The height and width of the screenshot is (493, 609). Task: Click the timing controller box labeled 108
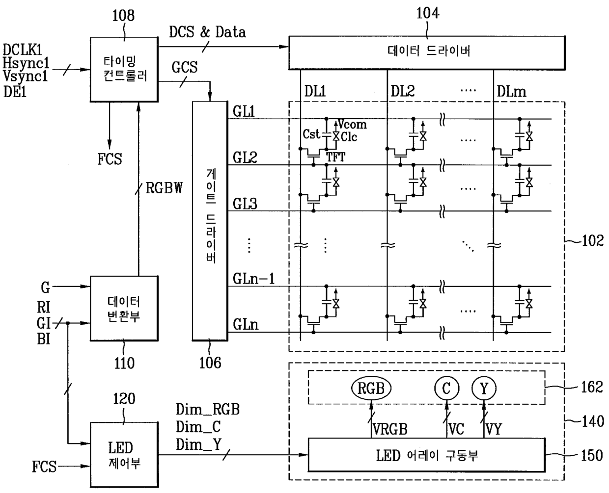pyautogui.click(x=124, y=70)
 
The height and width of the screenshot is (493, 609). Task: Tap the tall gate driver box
pyautogui.click(x=210, y=220)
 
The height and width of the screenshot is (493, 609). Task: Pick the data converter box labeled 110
pyautogui.click(x=124, y=309)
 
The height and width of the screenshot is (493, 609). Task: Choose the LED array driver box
pyautogui.click(x=426, y=455)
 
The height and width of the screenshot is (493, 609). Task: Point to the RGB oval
pyautogui.click(x=371, y=389)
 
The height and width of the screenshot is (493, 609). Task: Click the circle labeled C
pyautogui.click(x=446, y=389)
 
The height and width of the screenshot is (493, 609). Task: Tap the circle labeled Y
pyautogui.click(x=484, y=389)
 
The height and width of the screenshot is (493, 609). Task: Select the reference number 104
pyautogui.click(x=427, y=13)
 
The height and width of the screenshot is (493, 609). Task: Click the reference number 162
pyautogui.click(x=591, y=388)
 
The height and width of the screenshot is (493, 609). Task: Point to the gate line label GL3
pyautogui.click(x=245, y=204)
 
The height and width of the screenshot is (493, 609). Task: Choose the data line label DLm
pyautogui.click(x=511, y=91)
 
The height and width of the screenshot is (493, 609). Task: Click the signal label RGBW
pyautogui.click(x=164, y=188)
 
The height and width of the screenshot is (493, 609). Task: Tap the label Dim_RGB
pyautogui.click(x=207, y=410)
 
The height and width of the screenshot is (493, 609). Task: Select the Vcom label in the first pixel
pyautogui.click(x=352, y=125)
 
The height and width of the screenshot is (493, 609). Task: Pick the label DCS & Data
pyautogui.click(x=207, y=32)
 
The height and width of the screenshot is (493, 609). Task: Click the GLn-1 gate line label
pyautogui.click(x=253, y=279)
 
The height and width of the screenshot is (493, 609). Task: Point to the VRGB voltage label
pyautogui.click(x=390, y=429)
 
